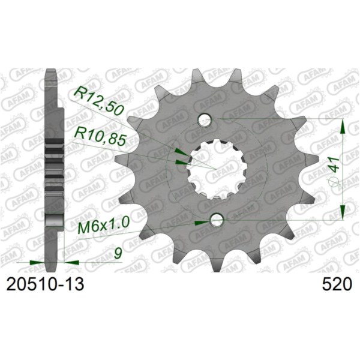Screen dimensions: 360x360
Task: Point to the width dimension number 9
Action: (117, 254)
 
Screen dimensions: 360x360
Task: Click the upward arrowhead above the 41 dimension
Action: (342, 126)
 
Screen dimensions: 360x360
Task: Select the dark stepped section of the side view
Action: (55, 162)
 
